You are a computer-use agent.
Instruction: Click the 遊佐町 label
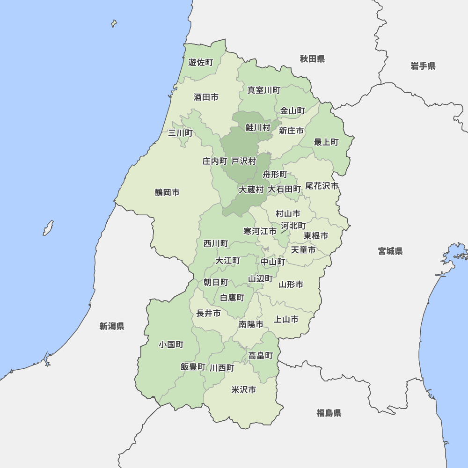click(201, 62)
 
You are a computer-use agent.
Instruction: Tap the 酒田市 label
click(206, 97)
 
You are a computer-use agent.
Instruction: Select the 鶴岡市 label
click(167, 192)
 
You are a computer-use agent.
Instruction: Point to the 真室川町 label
click(264, 90)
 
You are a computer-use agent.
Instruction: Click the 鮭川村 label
click(258, 127)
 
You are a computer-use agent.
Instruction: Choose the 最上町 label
click(326, 142)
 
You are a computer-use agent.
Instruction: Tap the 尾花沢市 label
click(322, 186)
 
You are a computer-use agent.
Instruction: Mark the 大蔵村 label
click(251, 190)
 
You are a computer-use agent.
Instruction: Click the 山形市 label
click(291, 285)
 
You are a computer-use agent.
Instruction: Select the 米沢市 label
click(244, 389)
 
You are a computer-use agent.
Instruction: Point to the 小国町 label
click(171, 344)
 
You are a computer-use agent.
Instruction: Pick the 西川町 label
click(216, 243)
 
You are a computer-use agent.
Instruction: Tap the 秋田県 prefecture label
click(313, 59)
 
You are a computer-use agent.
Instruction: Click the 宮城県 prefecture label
click(390, 251)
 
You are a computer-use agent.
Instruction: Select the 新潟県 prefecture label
click(112, 326)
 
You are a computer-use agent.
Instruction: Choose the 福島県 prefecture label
click(329, 413)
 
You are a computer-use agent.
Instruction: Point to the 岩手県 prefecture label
click(423, 66)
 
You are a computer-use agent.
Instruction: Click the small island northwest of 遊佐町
click(114, 23)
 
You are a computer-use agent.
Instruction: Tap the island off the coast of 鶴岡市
click(48, 228)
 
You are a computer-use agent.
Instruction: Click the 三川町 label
click(180, 133)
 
